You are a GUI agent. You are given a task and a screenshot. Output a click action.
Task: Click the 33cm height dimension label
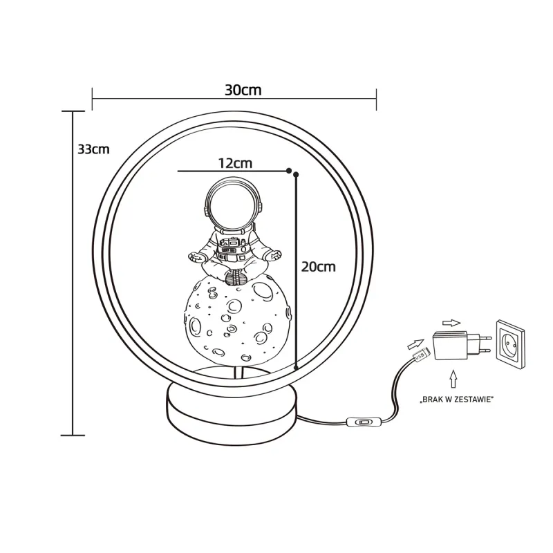[x=93, y=149]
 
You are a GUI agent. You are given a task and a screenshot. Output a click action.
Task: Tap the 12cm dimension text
[x=234, y=164]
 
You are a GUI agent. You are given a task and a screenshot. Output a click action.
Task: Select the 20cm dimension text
[x=318, y=267]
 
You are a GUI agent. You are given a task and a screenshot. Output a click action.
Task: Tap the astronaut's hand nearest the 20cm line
[x=275, y=256]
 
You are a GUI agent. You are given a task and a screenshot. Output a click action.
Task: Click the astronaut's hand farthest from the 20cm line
[x=196, y=256]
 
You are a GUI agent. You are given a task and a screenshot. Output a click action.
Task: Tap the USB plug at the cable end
[x=420, y=355]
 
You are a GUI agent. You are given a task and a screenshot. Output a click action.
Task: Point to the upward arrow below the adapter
[x=453, y=379]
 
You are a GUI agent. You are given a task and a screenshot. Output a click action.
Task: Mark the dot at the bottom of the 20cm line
[x=296, y=367]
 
